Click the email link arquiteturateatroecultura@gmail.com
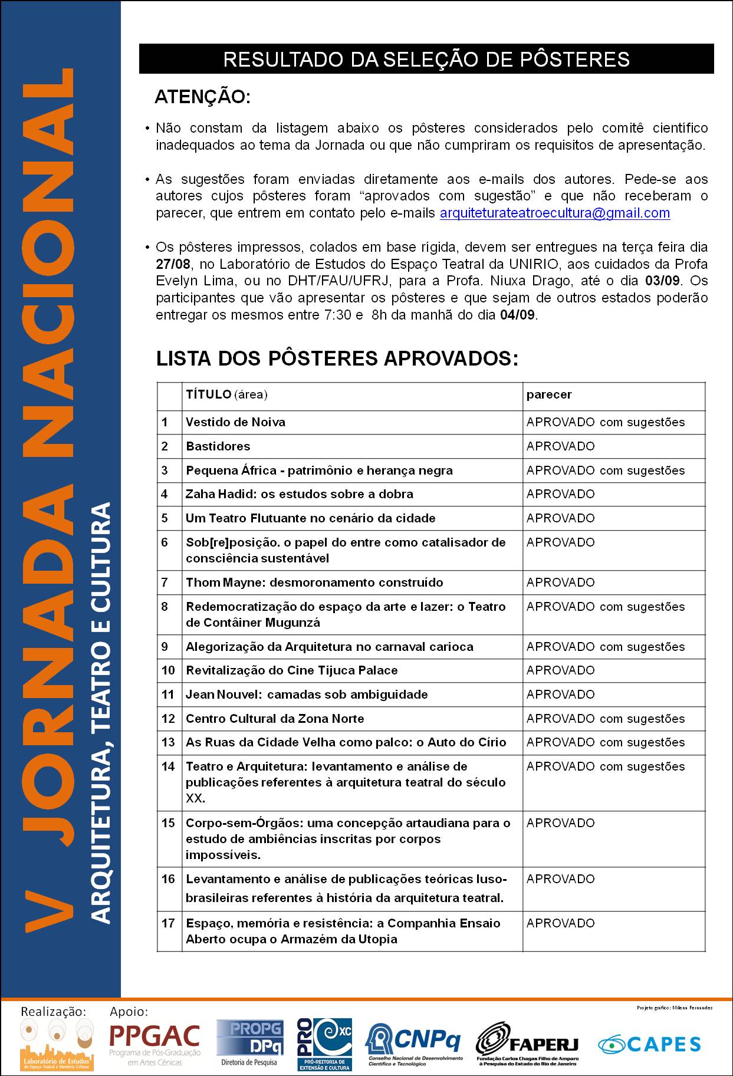554,213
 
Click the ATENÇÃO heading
202,98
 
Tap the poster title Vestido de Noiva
235,422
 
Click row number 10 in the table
168,670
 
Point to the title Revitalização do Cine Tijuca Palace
291,670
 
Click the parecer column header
548,394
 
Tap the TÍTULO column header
226,394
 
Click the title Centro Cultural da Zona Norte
275,719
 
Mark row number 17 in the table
168,923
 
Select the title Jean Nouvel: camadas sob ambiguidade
307,695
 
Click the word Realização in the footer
54,1012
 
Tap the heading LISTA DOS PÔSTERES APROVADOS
337,358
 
